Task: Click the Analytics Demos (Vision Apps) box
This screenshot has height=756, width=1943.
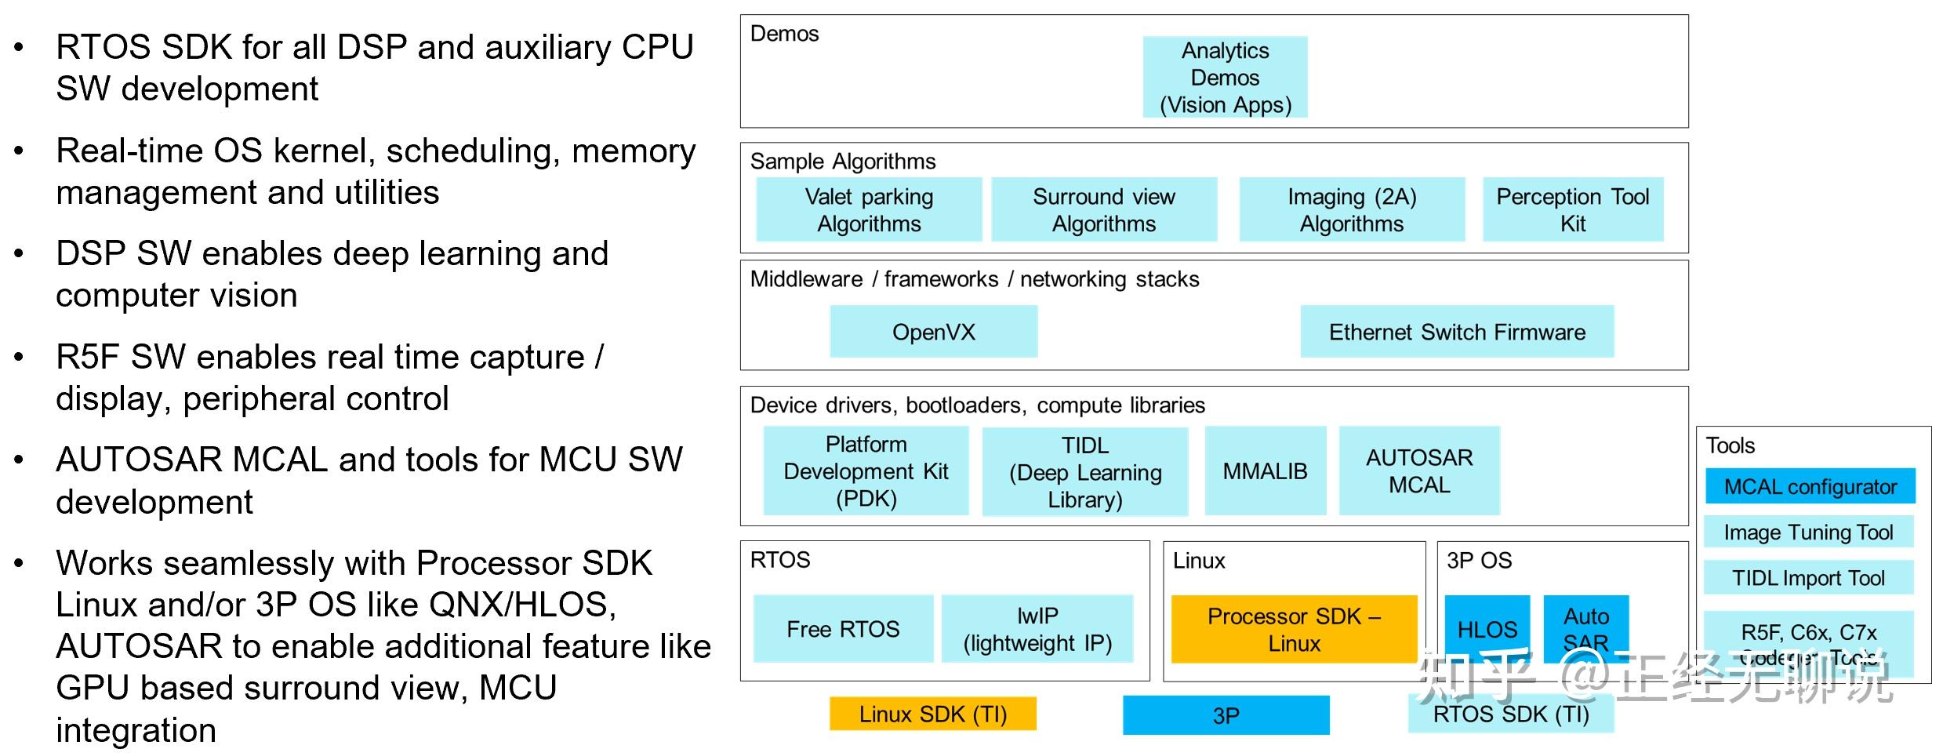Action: click(1225, 77)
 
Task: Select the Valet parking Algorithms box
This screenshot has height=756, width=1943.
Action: click(869, 209)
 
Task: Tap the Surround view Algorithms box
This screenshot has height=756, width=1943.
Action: click(1104, 209)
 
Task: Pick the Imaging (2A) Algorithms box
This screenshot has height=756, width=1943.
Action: click(1352, 209)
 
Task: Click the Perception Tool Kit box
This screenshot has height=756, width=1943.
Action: click(1573, 209)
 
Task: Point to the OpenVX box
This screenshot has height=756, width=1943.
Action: click(934, 332)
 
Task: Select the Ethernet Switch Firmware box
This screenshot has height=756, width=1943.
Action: click(1457, 332)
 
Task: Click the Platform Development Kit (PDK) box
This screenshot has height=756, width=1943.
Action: click(866, 471)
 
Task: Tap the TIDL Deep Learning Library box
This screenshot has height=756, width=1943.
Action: click(1085, 471)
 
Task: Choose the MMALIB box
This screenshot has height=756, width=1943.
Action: click(1266, 471)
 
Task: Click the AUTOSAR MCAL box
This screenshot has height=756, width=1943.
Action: click(1419, 471)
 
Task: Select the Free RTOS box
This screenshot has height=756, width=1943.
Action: click(843, 629)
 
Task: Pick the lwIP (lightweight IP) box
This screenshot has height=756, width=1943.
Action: click(1037, 629)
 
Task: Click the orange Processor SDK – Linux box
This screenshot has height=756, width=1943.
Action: click(1294, 629)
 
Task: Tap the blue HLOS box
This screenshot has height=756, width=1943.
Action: click(1487, 628)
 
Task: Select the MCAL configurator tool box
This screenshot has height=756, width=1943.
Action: click(1810, 486)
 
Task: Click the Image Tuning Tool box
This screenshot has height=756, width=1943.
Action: click(1808, 532)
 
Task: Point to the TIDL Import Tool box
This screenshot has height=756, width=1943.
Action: click(1808, 578)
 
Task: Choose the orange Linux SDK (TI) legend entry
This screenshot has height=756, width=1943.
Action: click(933, 714)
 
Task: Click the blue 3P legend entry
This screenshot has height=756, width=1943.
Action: click(1226, 715)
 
